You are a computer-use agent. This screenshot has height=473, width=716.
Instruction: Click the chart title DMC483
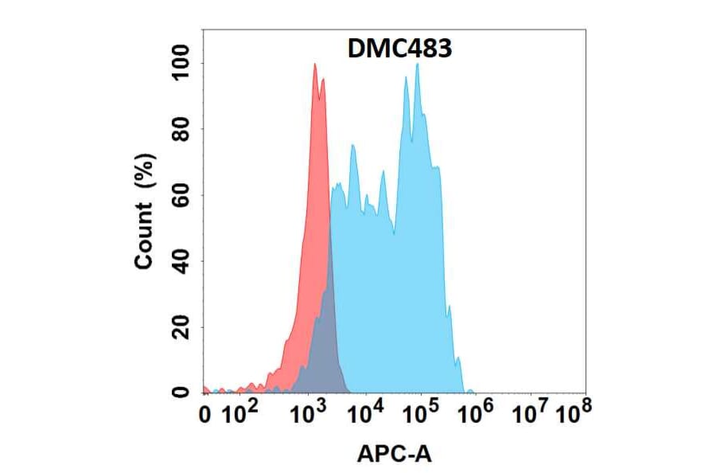400,49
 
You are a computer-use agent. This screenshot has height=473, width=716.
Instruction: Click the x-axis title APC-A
395,454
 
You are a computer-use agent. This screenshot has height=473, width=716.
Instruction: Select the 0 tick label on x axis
206,415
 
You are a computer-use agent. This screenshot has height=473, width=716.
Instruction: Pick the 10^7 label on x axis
531,413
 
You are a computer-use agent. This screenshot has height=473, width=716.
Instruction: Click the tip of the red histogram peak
315,65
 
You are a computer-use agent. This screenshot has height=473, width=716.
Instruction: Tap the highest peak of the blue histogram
417,65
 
